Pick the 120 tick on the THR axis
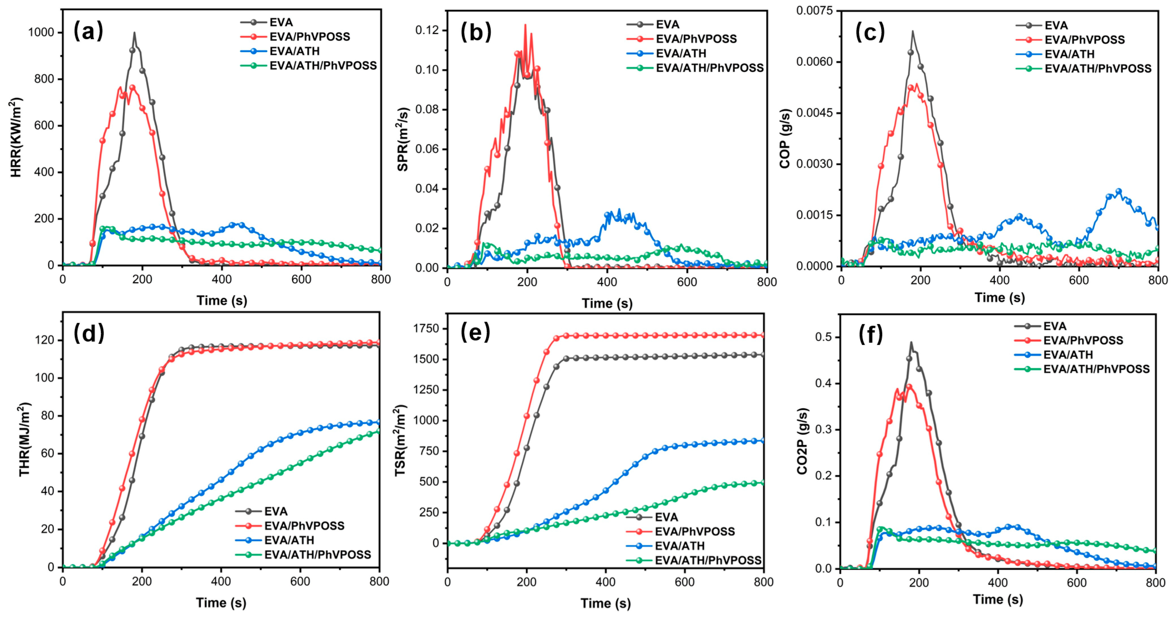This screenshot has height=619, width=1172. coord(44,340)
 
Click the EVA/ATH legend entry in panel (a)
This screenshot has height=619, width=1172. coord(294,51)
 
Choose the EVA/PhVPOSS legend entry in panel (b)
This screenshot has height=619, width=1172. coord(696,39)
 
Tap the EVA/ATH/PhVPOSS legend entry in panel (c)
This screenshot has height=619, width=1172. coord(1097,69)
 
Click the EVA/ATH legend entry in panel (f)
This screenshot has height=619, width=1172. coord(1067,355)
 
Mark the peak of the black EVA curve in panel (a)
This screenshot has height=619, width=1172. coord(134,33)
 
